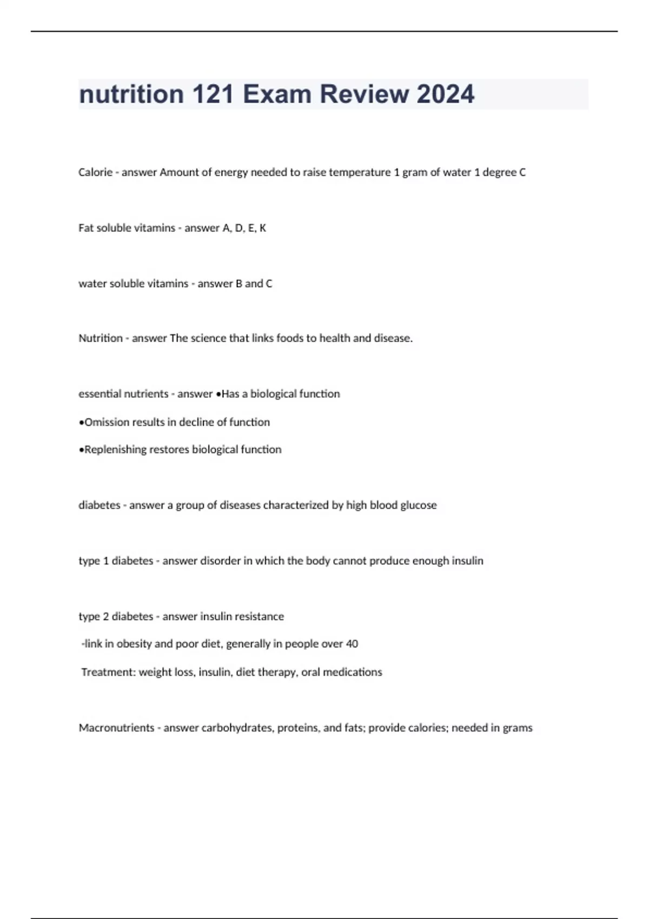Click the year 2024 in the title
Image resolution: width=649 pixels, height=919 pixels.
point(446,94)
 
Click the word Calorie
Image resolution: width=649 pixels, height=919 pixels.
point(95,172)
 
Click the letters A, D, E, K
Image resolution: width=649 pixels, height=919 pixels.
point(244,228)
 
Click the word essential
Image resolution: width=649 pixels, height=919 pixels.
point(100,394)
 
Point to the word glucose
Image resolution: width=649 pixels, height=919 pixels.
point(418,505)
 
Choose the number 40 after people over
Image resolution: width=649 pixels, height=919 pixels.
point(352,644)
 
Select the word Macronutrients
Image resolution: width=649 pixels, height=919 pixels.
point(116,728)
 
